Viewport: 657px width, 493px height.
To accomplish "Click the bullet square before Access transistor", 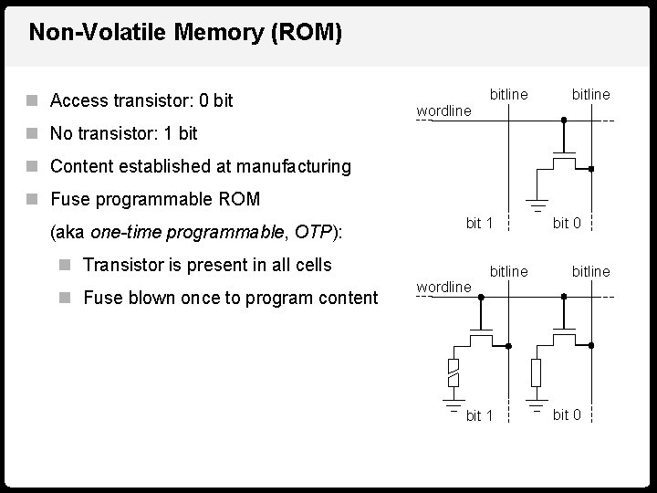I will point(33,100).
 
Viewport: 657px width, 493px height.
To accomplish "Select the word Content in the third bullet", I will point(83,166).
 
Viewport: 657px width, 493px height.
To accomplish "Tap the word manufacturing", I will point(293,166).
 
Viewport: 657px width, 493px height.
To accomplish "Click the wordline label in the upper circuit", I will point(443,111).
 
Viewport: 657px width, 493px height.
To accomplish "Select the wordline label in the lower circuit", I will point(443,287).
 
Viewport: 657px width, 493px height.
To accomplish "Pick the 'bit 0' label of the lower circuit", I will point(567,414).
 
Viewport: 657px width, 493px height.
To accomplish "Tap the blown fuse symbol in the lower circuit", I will point(453,372).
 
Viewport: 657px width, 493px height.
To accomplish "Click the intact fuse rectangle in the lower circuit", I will point(536,372).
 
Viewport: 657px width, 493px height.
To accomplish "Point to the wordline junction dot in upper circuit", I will point(564,120).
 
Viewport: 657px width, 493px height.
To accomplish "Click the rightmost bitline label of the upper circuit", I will point(590,94).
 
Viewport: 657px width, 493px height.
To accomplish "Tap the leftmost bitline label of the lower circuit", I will point(509,271).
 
